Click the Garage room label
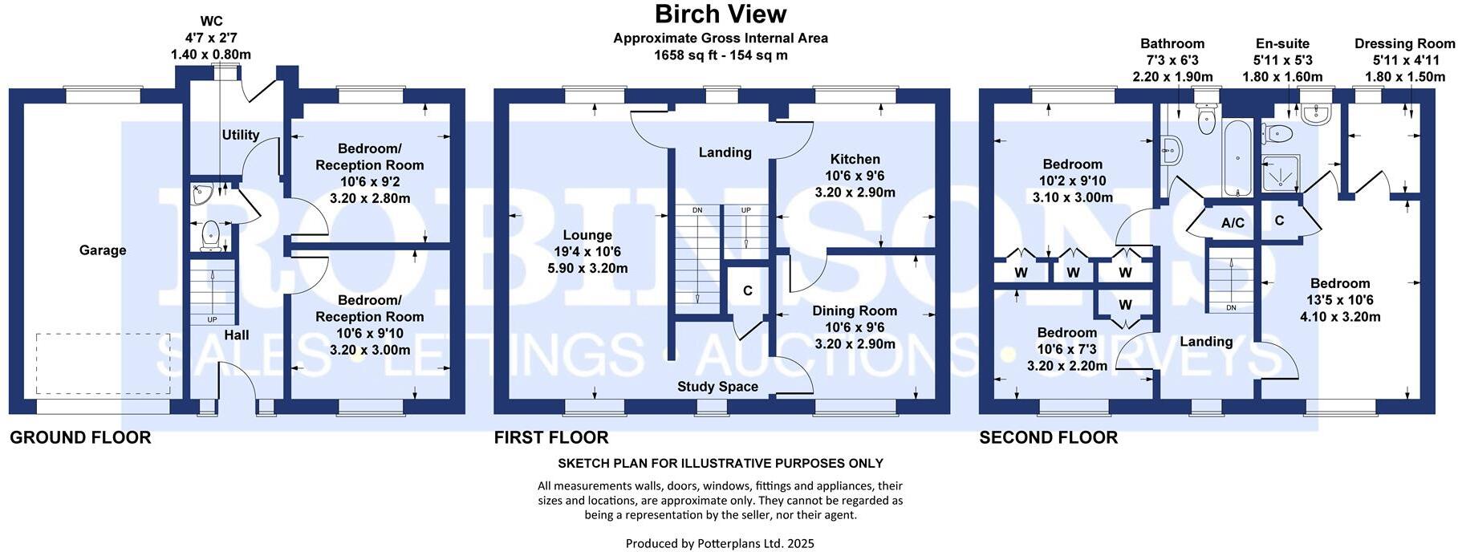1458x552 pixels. tap(103, 250)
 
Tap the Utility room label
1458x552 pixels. tap(241, 135)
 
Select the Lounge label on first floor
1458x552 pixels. tap(587, 235)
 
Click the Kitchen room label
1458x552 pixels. tap(855, 159)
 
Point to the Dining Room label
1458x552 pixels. tap(855, 310)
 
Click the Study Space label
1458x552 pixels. tap(717, 387)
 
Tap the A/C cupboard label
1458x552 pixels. tap(1233, 223)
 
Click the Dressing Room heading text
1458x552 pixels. tap(1404, 44)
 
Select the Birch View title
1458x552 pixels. tap(721, 14)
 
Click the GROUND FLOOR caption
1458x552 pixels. tap(80, 438)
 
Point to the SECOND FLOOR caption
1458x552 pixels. tap(1048, 438)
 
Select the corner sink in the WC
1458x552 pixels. tap(200, 193)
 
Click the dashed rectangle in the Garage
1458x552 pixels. tap(103, 363)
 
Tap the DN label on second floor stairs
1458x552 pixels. tap(1231, 308)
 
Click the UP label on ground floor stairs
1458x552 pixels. tap(212, 320)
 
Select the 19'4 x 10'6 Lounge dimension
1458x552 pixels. tap(587, 252)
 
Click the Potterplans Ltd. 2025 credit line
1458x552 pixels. tap(720, 544)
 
